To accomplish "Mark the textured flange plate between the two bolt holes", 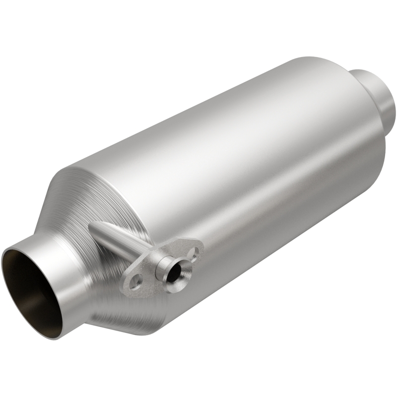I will (x=149, y=275).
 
